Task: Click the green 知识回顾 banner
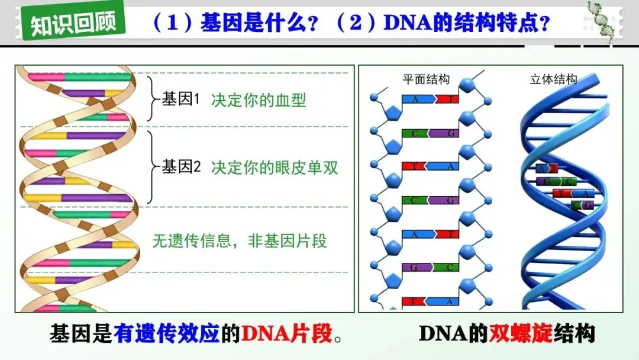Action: (x=73, y=22)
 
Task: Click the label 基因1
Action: (x=182, y=99)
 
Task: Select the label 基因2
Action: (x=182, y=167)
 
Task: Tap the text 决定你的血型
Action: (x=259, y=100)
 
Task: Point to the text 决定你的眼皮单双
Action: (x=275, y=168)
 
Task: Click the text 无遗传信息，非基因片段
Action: (x=240, y=241)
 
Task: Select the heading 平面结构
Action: (x=426, y=79)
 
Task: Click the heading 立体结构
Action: (x=553, y=79)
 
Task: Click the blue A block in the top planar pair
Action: (x=418, y=99)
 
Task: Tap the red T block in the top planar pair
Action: (x=447, y=99)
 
